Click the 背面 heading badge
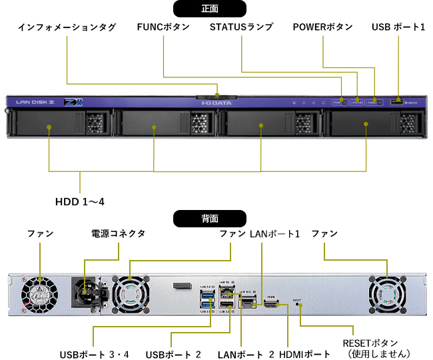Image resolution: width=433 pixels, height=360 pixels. point(209,218)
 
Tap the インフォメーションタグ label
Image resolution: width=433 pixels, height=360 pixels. point(67,28)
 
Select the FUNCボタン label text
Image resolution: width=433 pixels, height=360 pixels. point(163,28)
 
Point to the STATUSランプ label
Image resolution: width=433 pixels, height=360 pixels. point(240,28)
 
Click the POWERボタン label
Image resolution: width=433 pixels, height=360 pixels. point(322,28)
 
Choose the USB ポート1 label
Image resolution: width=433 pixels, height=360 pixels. point(398,28)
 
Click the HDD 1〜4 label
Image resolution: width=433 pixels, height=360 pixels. point(80,201)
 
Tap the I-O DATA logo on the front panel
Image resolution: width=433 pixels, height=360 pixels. point(215,103)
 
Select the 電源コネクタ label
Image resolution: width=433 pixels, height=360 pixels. point(118,234)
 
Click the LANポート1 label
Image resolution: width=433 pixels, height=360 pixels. point(275,234)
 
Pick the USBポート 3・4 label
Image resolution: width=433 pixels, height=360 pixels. point(94,353)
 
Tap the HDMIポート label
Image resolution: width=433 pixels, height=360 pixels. point(307,353)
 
